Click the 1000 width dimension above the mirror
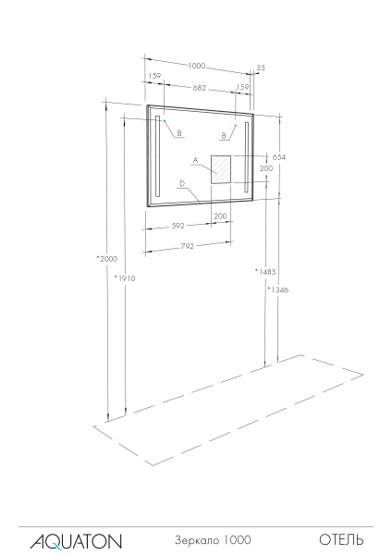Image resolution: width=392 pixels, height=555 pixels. point(197,66)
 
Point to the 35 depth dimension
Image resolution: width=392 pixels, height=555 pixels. point(262,68)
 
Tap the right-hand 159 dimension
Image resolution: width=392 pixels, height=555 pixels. point(243,87)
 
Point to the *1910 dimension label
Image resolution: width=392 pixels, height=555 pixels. point(124,277)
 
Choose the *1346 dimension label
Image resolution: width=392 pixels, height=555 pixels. point(276,290)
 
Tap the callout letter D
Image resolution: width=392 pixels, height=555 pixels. point(183,183)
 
